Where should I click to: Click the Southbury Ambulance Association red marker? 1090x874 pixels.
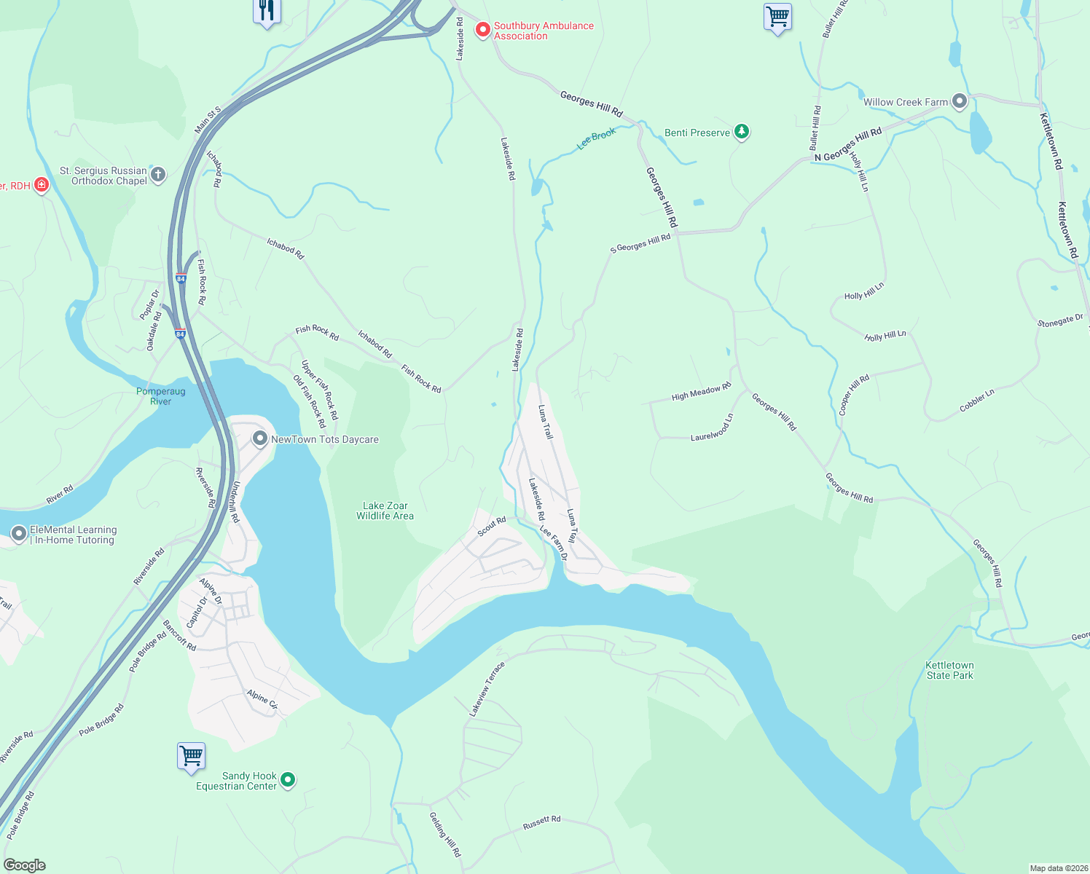coord(482,30)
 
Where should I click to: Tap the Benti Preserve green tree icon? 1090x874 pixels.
coord(742,132)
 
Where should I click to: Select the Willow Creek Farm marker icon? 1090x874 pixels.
coord(960,102)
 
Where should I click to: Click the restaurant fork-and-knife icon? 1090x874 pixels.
coord(267,11)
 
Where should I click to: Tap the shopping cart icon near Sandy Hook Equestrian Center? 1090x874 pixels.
coord(191,756)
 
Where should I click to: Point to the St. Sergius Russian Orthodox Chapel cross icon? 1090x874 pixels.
coord(158,175)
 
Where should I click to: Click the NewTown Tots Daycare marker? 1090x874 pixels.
coord(260,438)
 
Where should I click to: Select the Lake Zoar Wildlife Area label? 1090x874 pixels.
coord(385,511)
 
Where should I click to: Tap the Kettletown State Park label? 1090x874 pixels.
coord(949,670)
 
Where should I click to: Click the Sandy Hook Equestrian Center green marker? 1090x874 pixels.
coord(288,780)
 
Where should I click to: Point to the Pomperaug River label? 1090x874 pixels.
coord(161,396)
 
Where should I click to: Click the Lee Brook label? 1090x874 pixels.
coord(596,138)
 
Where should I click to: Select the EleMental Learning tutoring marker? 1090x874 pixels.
coord(19,535)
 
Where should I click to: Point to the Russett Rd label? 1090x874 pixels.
coord(541,823)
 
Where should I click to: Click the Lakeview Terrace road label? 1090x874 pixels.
coord(487,688)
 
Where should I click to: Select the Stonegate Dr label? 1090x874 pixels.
coord(1060,320)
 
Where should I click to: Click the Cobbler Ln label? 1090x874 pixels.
coord(976,401)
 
